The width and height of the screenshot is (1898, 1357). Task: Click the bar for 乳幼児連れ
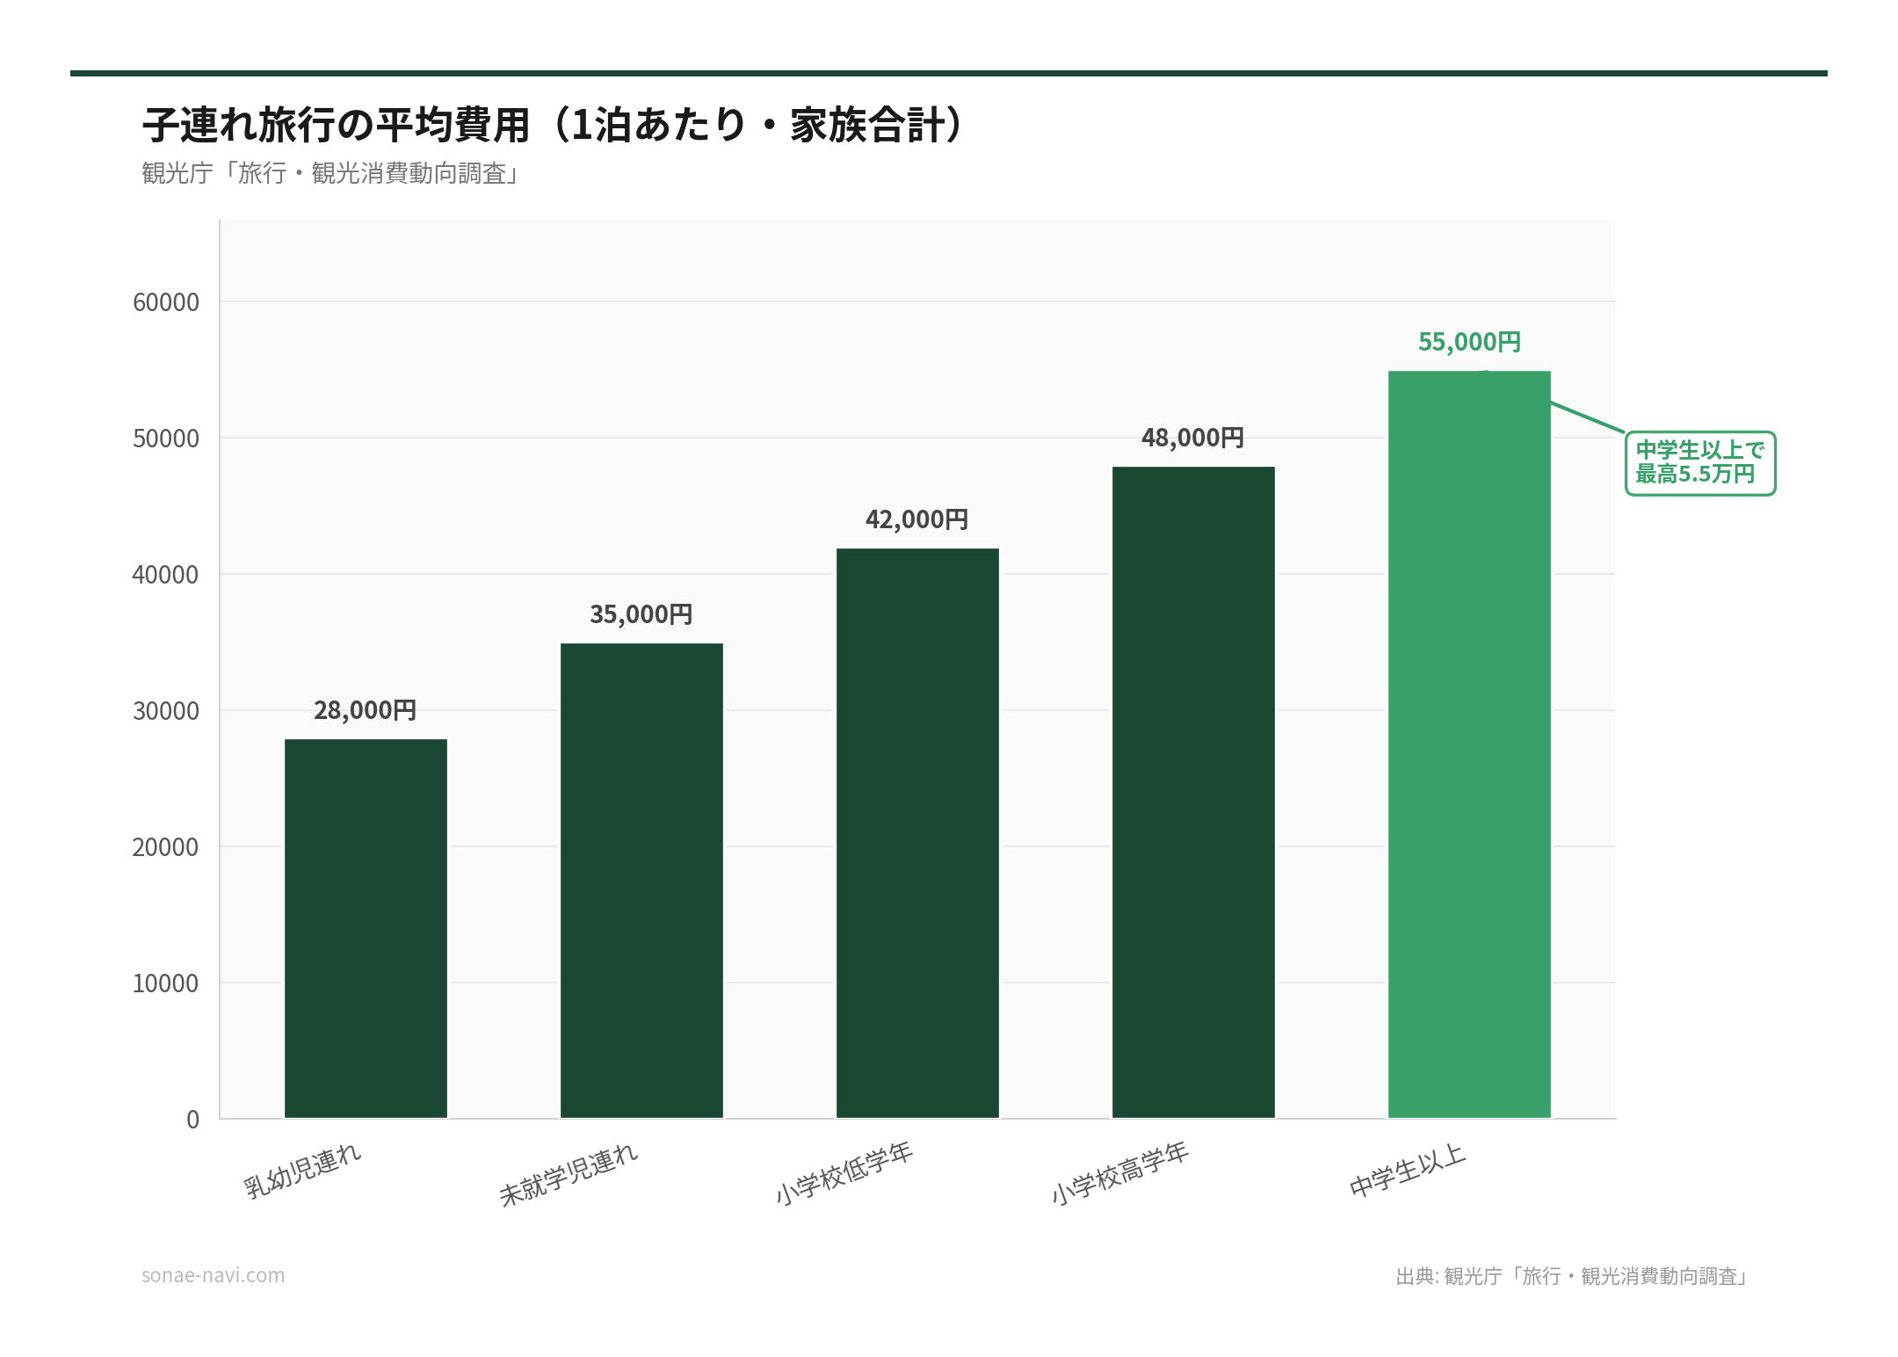tap(366, 928)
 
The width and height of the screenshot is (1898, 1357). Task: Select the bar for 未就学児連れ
tap(641, 881)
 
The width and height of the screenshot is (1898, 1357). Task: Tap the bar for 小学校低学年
tap(917, 833)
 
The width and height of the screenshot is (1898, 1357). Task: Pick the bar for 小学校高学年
tap(1193, 792)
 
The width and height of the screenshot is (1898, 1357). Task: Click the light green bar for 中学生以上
tap(1469, 744)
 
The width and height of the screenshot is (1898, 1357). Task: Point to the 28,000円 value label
tap(366, 710)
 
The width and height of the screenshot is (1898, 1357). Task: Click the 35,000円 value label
tap(641, 614)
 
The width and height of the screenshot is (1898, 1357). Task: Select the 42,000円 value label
tap(917, 519)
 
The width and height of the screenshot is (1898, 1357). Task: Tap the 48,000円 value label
tap(1193, 438)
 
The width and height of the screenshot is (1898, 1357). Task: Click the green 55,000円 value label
tap(1469, 342)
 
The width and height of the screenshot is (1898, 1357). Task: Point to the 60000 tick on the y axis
tap(166, 302)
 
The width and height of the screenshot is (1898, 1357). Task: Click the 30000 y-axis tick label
tap(166, 711)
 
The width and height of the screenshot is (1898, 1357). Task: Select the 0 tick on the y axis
tap(192, 1120)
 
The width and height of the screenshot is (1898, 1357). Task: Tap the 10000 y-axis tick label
tap(166, 983)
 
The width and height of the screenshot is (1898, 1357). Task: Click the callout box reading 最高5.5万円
tap(1699, 463)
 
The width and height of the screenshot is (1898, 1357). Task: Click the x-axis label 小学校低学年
tap(844, 1173)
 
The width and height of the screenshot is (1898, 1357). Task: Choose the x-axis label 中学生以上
tap(1408, 1171)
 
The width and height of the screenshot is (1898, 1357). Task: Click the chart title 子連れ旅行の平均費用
tap(554, 125)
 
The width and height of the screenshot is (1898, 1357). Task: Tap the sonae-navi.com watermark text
tap(214, 1275)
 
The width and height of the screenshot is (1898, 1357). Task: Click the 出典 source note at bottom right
tap(1573, 1276)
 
